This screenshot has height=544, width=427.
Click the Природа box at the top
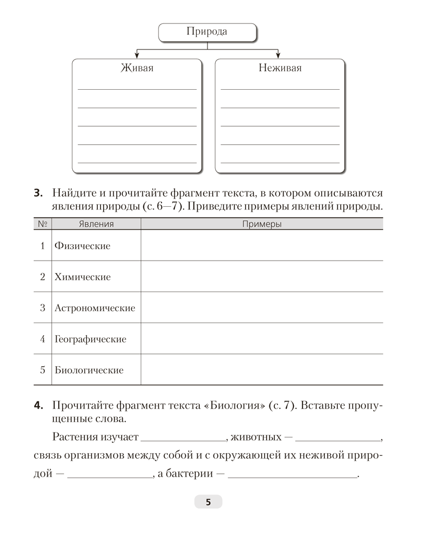[x=207, y=32]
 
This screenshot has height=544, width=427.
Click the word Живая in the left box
[x=136, y=68]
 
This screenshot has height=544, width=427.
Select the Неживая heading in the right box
[x=280, y=68]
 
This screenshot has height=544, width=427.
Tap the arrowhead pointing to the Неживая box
[x=279, y=54]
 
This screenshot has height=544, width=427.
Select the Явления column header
[x=96, y=224]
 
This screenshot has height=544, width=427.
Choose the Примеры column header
[x=261, y=224]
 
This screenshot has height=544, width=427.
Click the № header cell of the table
[x=42, y=224]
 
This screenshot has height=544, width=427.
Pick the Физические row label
[x=82, y=246]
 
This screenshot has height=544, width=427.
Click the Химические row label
[x=82, y=277]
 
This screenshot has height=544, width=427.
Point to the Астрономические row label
[x=95, y=308]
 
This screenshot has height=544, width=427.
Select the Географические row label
[x=90, y=339]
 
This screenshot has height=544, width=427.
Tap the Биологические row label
[x=89, y=370]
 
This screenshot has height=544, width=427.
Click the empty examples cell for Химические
[x=261, y=276]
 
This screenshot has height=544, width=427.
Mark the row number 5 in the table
[x=42, y=370]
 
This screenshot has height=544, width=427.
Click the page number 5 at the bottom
[x=208, y=502]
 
